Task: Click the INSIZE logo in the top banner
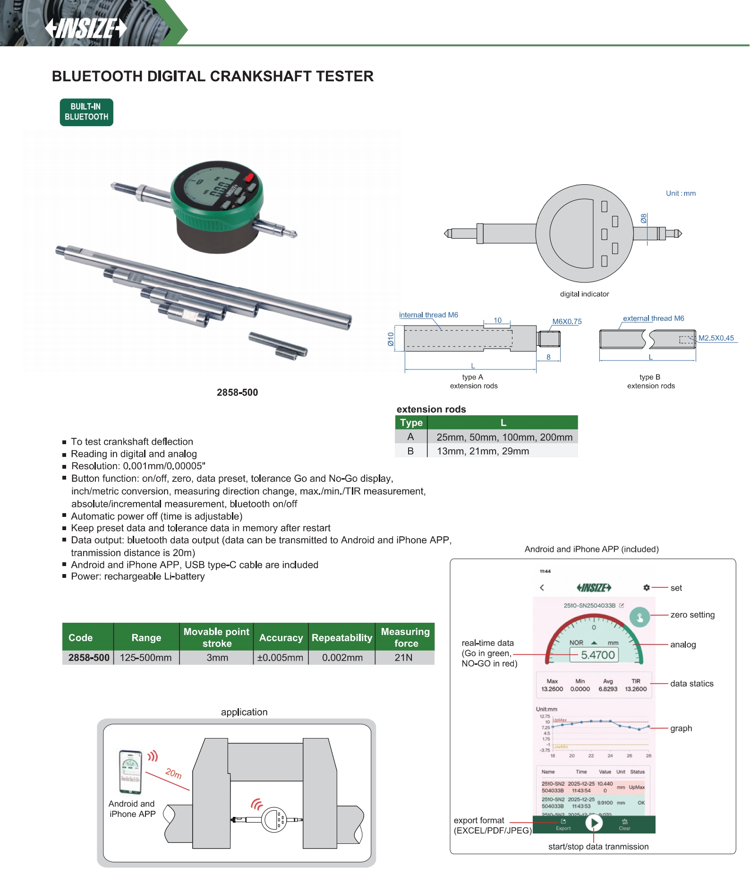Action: click(86, 28)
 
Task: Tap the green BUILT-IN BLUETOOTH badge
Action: click(86, 112)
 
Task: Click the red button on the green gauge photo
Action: click(249, 178)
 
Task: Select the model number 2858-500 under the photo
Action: click(237, 392)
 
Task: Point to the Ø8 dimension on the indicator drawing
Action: click(643, 218)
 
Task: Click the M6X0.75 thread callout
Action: click(567, 321)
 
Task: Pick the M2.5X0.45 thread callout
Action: click(716, 338)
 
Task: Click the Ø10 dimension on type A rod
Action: click(391, 339)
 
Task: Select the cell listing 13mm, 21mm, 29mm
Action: click(483, 451)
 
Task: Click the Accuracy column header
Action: click(281, 637)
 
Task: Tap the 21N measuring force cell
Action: click(404, 658)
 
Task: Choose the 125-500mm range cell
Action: click(146, 658)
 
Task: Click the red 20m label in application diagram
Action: click(173, 773)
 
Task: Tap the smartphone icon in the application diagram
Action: click(130, 772)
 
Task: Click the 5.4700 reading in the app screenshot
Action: click(598, 655)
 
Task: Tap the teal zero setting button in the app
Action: click(640, 617)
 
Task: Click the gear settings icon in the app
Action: click(647, 588)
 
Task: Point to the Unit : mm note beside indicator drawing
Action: click(681, 193)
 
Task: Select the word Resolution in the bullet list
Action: click(94, 466)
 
